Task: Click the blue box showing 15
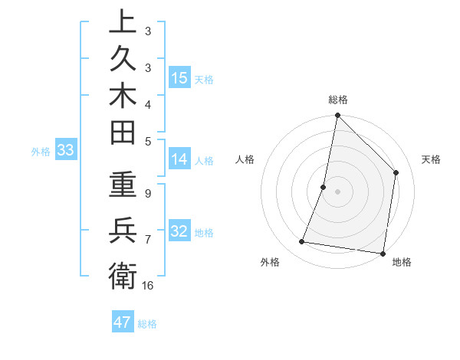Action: point(179,77)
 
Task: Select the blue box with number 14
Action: point(179,159)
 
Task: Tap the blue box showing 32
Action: point(179,231)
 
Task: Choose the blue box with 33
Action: point(65,150)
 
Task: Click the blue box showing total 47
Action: point(122,322)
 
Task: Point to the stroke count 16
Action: point(148,285)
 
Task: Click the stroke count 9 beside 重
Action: point(148,194)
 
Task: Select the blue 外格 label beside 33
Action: point(41,152)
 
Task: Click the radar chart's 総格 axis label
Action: point(338,100)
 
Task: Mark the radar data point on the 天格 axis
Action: point(396,172)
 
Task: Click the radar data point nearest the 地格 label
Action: point(383,253)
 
